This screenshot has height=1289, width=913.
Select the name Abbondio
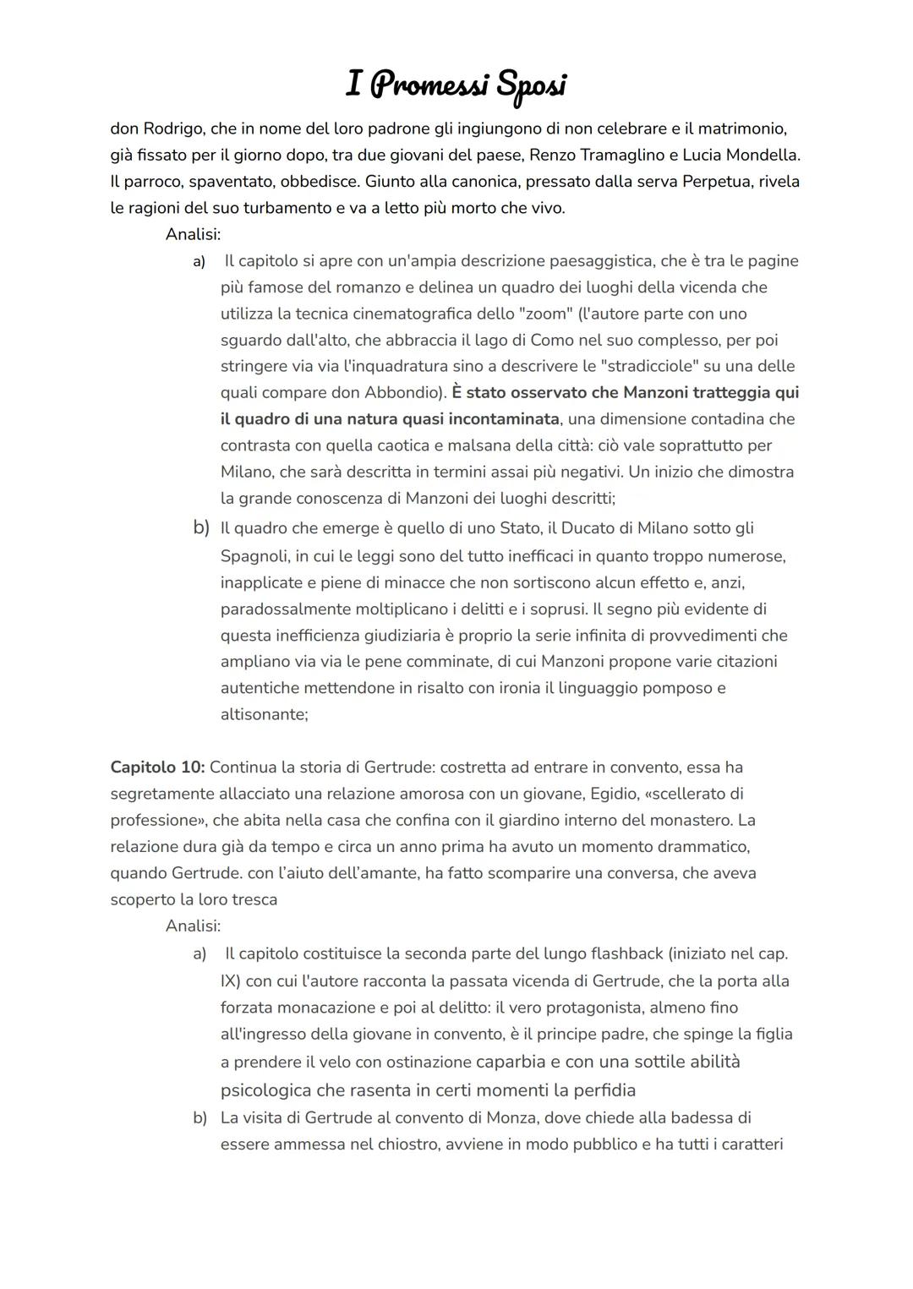click(402, 392)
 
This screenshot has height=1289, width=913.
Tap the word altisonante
click(264, 714)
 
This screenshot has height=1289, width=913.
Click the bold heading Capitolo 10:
click(157, 767)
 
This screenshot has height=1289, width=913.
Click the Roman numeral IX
click(230, 981)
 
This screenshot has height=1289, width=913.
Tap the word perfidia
click(604, 1090)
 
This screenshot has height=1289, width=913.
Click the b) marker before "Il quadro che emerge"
click(201, 528)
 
